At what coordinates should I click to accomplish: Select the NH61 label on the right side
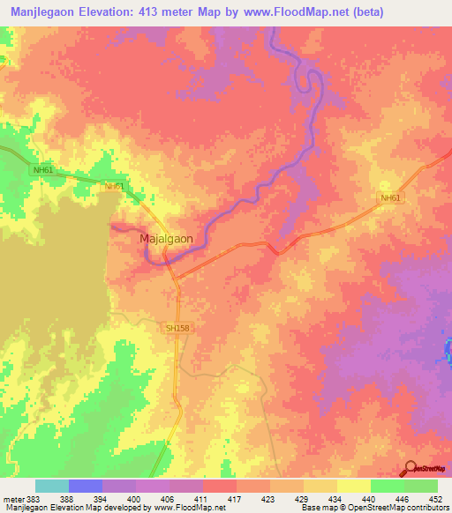pyautogui.click(x=390, y=197)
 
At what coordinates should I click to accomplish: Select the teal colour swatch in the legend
pyautogui.click(x=51, y=486)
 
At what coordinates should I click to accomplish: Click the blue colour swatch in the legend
pyautogui.click(x=85, y=486)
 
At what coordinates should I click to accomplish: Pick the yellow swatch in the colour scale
pyautogui.click(x=353, y=486)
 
